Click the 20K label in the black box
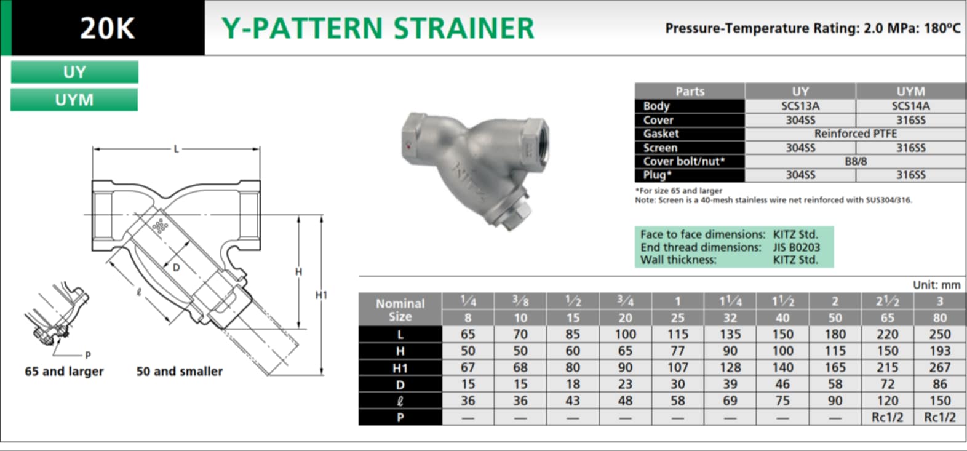pyautogui.click(x=108, y=28)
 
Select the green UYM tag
pyautogui.click(x=74, y=100)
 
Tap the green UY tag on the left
pyautogui.click(x=74, y=72)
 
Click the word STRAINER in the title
pyautogui.click(x=464, y=28)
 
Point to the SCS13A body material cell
pyautogui.click(x=800, y=106)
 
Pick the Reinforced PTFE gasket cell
pyautogui.click(x=856, y=134)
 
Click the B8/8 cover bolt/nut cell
pyautogui.click(x=856, y=161)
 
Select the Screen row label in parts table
pyautogui.click(x=660, y=148)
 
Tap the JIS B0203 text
pyautogui.click(x=797, y=247)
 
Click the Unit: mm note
pyautogui.click(x=936, y=285)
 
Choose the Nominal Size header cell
pyautogui.click(x=400, y=309)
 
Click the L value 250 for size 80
pyautogui.click(x=940, y=334)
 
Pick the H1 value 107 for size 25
pyautogui.click(x=678, y=367)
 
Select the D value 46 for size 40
pyautogui.click(x=782, y=384)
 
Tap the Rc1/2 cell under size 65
pyautogui.click(x=887, y=417)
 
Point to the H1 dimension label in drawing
pyautogui.click(x=321, y=295)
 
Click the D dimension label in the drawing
pyautogui.click(x=176, y=268)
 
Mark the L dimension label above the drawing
pyautogui.click(x=176, y=149)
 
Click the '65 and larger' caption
pyautogui.click(x=65, y=372)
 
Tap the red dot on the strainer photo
pyautogui.click(x=408, y=146)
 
